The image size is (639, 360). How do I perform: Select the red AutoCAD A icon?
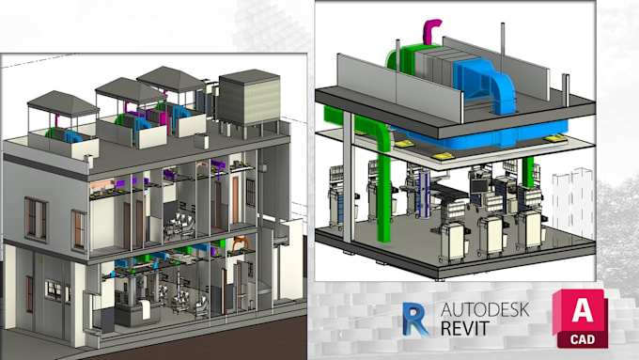point(580,309)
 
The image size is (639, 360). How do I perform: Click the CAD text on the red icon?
point(580,338)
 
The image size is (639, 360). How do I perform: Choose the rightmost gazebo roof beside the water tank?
point(171,78)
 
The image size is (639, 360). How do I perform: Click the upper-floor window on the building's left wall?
point(36,217)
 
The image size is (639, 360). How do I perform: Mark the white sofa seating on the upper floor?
point(179,227)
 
